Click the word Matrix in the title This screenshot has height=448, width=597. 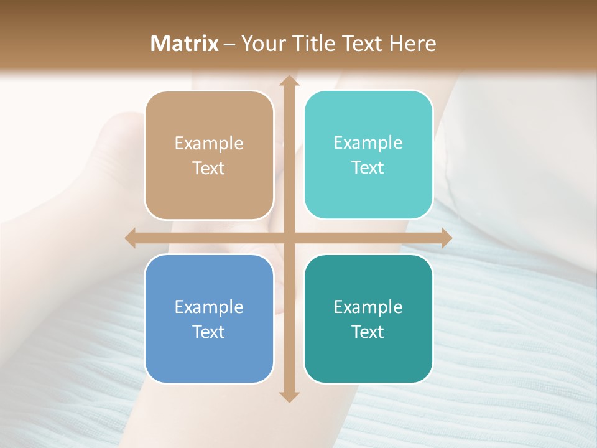(185, 44)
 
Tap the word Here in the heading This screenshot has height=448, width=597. (412, 44)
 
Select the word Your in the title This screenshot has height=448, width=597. (261, 44)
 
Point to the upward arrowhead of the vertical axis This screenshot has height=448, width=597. (288, 80)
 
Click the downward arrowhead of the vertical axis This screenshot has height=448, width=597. (288, 396)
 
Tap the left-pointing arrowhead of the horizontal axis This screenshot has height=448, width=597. (130, 238)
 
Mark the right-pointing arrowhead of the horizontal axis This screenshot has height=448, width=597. (446, 238)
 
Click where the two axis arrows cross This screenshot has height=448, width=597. (288, 238)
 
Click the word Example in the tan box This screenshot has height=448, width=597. (209, 144)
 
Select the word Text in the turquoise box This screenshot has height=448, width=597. (368, 168)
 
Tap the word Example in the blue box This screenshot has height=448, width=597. (209, 307)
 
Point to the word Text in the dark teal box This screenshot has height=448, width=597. (368, 332)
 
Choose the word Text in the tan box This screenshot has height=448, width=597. (209, 169)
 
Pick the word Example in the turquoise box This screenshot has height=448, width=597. (368, 143)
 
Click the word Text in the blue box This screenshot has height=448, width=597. (209, 332)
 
